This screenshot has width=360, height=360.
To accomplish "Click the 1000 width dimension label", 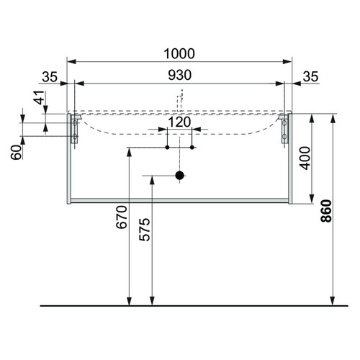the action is click(x=179, y=54).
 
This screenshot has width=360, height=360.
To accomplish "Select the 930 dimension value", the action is click(x=179, y=75).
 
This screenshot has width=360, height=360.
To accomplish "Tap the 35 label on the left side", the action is click(x=50, y=77).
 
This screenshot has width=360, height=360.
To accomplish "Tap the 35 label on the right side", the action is click(x=310, y=77).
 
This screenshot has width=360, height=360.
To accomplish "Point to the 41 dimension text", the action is click(x=40, y=97).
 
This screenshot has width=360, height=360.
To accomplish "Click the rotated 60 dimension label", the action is click(x=16, y=153).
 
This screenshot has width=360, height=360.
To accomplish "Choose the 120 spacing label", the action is click(x=179, y=122).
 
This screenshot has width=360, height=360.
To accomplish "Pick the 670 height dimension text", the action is click(x=122, y=217).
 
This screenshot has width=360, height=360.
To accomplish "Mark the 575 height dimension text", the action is click(x=145, y=230).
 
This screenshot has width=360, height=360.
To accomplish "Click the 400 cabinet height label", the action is click(x=305, y=158).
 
